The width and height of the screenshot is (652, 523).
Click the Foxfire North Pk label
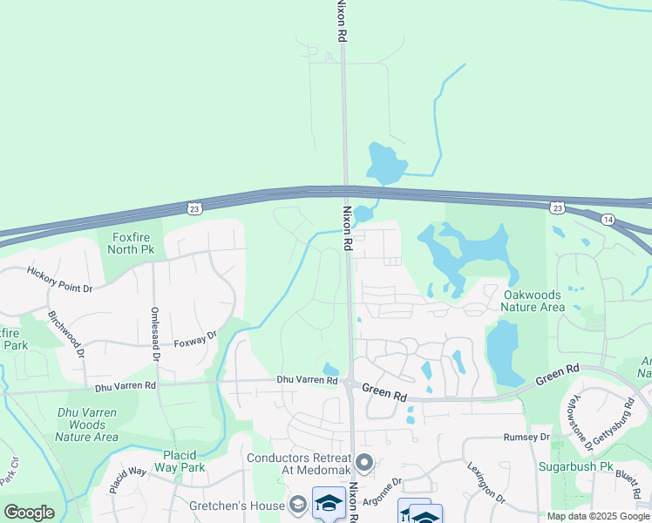130,242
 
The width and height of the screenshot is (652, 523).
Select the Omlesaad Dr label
155,334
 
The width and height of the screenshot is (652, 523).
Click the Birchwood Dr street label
66,334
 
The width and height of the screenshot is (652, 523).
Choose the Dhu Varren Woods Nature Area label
87,425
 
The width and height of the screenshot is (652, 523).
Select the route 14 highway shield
608,219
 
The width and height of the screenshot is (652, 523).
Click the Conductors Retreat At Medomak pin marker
364,463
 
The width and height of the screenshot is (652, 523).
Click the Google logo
29,513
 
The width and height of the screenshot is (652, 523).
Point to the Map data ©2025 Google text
598,516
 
